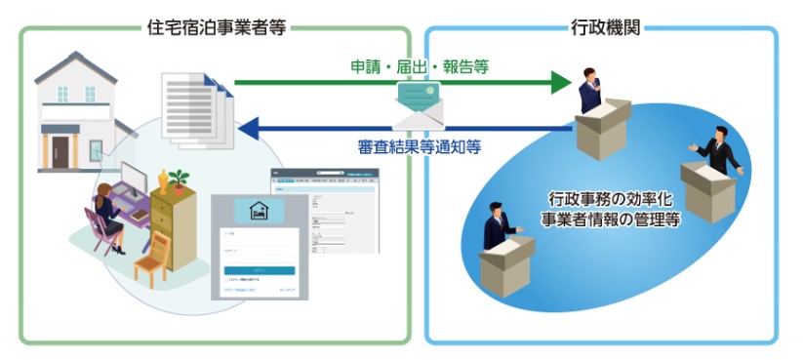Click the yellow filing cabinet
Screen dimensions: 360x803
[181, 230]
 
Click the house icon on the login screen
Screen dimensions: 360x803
[259, 210]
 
